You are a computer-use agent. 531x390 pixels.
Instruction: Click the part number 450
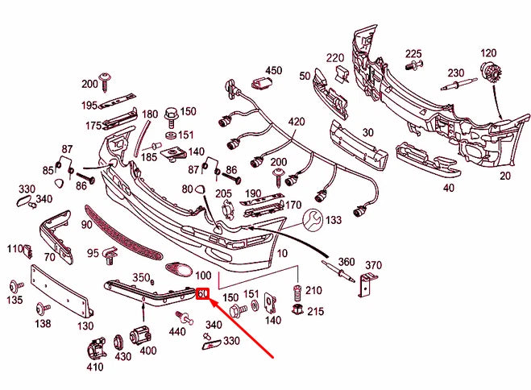tap(274, 71)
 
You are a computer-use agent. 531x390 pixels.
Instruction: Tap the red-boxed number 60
tap(203, 294)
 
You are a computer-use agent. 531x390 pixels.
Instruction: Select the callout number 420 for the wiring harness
tap(297, 122)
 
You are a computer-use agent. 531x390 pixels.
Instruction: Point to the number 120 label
tap(489, 53)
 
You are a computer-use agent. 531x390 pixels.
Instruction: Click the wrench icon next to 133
tap(313, 218)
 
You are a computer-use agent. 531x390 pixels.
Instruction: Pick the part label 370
tap(373, 266)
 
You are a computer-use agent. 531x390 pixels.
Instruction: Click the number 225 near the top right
tap(413, 54)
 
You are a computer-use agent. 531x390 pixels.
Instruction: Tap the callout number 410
tap(96, 368)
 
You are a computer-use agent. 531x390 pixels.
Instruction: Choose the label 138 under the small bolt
tap(42, 324)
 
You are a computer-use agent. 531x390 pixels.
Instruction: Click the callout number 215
tap(315, 311)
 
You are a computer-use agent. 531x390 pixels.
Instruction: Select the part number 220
tap(335, 58)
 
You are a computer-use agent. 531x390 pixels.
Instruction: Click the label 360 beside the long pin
tap(346, 262)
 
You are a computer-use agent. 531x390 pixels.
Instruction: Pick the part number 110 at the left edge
tap(15, 249)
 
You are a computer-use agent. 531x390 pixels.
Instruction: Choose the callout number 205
tap(223, 194)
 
